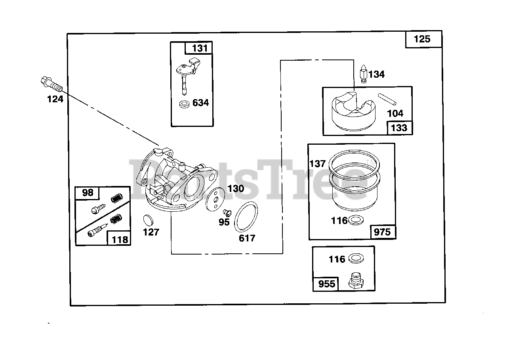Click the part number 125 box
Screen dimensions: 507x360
[x=423, y=39]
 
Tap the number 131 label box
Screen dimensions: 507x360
[x=199, y=48]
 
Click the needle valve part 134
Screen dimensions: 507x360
[x=364, y=74]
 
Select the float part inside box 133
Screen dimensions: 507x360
[x=352, y=109]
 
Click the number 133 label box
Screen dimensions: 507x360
[x=399, y=128]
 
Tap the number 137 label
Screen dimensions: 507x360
[x=317, y=163]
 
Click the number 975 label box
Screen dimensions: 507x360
[x=382, y=232]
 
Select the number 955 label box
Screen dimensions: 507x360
[x=326, y=284]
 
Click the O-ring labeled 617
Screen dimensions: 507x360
[x=246, y=217]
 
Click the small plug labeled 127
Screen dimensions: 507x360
[x=147, y=219]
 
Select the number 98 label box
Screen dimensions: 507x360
[x=88, y=193]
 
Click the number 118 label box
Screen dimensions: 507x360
[x=119, y=239]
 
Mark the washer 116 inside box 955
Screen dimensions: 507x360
[x=356, y=259]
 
